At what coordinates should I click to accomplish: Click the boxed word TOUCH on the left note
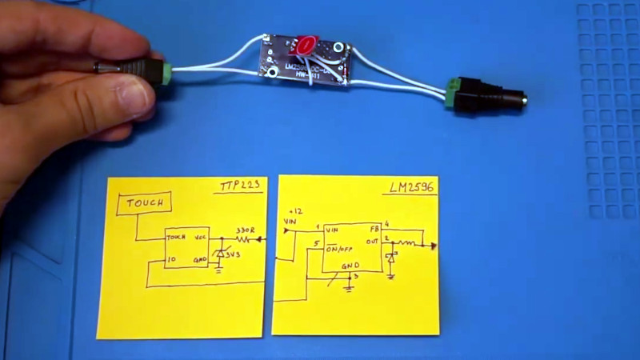point(144,203)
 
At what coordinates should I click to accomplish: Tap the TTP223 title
point(241,188)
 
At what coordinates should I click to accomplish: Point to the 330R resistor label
point(244,230)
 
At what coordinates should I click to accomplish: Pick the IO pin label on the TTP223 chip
point(171,261)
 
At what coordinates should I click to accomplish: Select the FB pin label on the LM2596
point(372,229)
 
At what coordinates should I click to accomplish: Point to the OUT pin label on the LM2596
point(371,242)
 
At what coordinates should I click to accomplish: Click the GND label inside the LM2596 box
point(351,266)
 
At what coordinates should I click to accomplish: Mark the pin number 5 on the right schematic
point(318,244)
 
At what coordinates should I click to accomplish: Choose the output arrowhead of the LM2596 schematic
point(433,246)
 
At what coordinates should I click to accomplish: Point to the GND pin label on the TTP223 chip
point(200,261)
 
